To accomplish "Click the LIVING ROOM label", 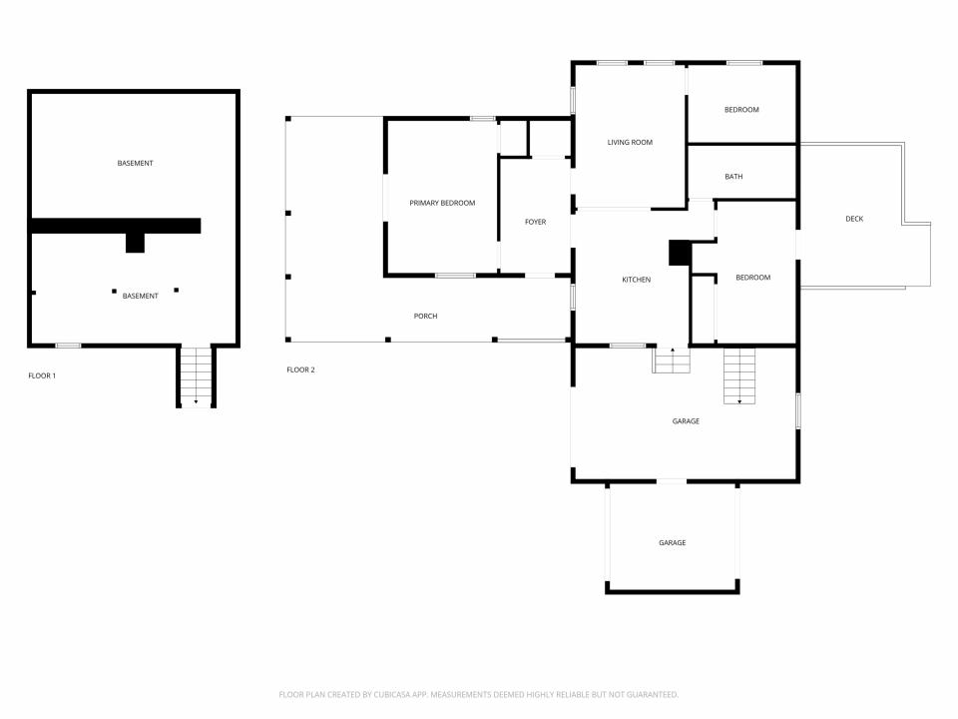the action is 630,143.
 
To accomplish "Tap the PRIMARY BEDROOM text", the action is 442,203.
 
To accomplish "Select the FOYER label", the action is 535,222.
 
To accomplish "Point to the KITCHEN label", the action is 636,280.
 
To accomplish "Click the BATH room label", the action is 733,177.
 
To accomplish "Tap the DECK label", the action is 854,219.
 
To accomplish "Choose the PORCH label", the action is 425,317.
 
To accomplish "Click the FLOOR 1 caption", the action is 42,376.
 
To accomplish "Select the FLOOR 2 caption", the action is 300,369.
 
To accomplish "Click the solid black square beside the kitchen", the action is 680,253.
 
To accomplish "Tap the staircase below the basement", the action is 197,375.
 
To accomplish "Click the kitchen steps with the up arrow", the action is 672,360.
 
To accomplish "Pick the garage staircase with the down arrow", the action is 739,376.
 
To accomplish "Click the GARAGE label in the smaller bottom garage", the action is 672,543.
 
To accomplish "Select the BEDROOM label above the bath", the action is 741,110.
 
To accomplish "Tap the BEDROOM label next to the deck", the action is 752,278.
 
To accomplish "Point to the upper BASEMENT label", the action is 135,163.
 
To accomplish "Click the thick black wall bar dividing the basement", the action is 116,226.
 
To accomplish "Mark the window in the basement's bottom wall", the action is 69,346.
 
